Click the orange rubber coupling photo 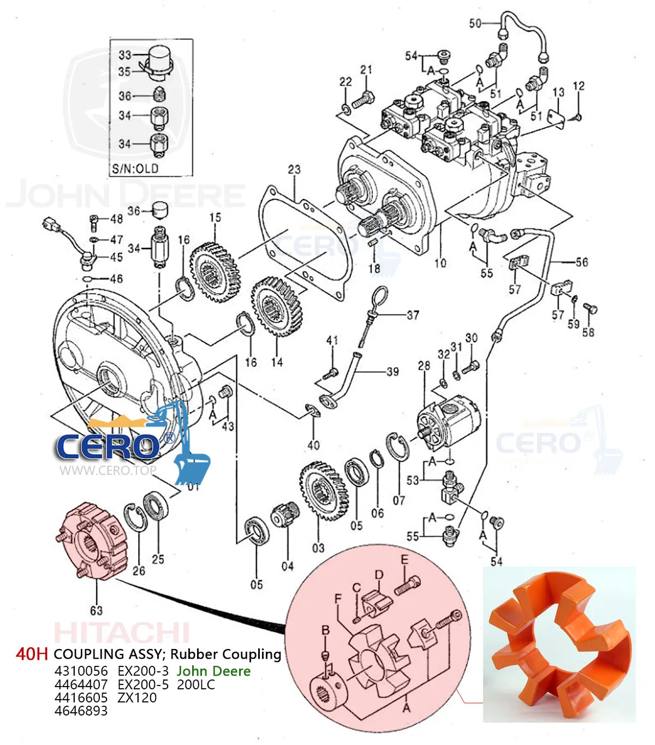pyautogui.click(x=559, y=644)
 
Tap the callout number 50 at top pyautogui.click(x=475, y=23)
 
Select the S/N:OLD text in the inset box pyautogui.click(x=135, y=168)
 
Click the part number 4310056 pyautogui.click(x=81, y=671)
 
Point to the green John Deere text pyautogui.click(x=213, y=671)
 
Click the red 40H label pyautogui.click(x=32, y=654)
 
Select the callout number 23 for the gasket pyautogui.click(x=294, y=169)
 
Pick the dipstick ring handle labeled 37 pyautogui.click(x=379, y=297)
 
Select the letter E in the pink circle pyautogui.click(x=404, y=559)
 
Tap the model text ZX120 pyautogui.click(x=137, y=698)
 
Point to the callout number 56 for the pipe pyautogui.click(x=582, y=262)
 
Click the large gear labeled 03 pyautogui.click(x=324, y=491)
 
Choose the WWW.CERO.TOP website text pyautogui.click(x=108, y=470)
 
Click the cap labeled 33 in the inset pyautogui.click(x=160, y=57)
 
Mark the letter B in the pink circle pyautogui.click(x=325, y=630)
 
